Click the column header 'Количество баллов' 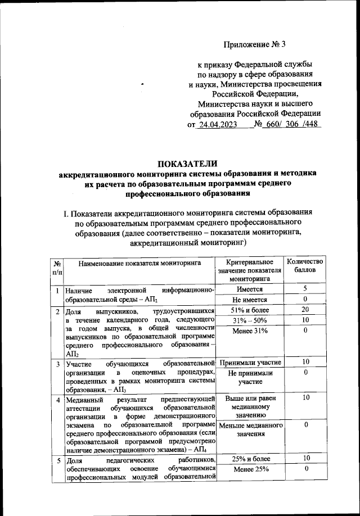pos(304,266)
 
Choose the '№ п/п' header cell pos(57,267)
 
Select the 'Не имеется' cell pos(250,300)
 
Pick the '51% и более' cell pos(250,310)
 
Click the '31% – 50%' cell pos(250,320)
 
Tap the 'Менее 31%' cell pos(250,331)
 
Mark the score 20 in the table pos(304,310)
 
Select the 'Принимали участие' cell pos(250,362)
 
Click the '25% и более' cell pos(250,460)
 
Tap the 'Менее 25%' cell pos(250,470)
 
